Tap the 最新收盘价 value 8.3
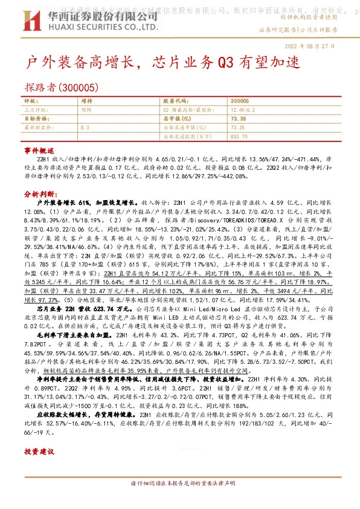point(85,128)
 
